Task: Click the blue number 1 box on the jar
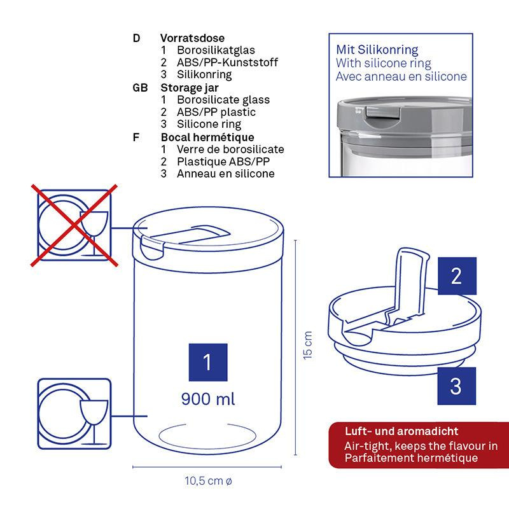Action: (x=208, y=362)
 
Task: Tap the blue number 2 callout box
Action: (x=457, y=276)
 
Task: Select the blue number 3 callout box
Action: (x=456, y=386)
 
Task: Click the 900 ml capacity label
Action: (x=208, y=399)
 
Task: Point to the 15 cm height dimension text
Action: (x=308, y=345)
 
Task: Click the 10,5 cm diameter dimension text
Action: (x=208, y=481)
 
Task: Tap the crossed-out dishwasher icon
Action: (x=74, y=225)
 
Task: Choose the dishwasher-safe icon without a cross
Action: (x=74, y=414)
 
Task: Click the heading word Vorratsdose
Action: (x=192, y=38)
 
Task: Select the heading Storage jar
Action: (x=190, y=88)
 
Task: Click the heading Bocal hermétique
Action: (x=207, y=137)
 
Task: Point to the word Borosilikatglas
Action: (x=216, y=50)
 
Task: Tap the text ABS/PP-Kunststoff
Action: (x=227, y=62)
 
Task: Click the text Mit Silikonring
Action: (x=377, y=50)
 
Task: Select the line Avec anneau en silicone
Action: (x=401, y=76)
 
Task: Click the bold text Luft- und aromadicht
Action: (x=401, y=431)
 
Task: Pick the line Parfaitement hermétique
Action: (x=411, y=458)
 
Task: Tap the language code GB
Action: (x=140, y=88)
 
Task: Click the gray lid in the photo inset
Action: (x=405, y=125)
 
